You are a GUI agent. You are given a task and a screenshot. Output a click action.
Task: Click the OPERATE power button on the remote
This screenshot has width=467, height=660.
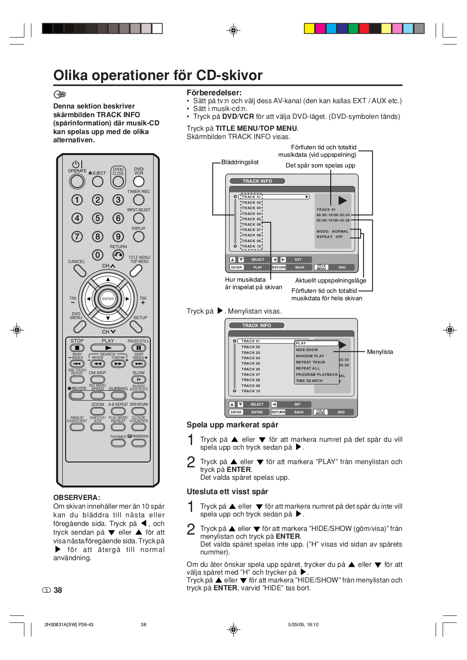77,181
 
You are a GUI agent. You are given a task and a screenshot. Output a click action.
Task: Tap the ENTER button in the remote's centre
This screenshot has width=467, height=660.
108,299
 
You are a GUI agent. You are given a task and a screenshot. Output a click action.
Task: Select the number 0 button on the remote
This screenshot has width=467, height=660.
97,255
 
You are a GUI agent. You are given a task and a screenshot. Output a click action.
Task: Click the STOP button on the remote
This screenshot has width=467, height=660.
77,348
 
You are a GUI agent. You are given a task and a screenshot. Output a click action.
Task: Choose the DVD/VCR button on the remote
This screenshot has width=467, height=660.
139,181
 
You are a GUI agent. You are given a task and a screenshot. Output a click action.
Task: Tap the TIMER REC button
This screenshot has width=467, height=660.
139,200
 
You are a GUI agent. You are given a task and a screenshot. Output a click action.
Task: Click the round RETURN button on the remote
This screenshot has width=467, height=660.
118,255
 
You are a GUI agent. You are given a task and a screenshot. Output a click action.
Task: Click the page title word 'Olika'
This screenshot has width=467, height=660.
71,75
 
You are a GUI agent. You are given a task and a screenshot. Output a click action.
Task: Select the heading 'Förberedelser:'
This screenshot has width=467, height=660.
214,93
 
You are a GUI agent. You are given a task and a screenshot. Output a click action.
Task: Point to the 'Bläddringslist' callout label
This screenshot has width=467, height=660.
239,162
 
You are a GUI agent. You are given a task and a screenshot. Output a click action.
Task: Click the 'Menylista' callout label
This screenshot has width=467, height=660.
380,352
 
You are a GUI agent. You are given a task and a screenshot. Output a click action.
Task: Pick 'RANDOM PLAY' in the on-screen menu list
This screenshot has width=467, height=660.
310,356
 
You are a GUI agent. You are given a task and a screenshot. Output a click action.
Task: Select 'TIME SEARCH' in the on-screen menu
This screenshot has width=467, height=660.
309,381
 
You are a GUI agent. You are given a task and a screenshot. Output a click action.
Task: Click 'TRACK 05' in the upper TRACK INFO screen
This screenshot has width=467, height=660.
251,219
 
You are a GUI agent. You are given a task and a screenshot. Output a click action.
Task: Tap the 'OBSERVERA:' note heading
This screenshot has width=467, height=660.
77,497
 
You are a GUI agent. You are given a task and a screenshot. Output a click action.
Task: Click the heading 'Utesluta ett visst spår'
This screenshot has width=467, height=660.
227,492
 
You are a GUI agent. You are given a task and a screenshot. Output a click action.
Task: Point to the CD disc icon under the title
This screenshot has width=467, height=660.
60,94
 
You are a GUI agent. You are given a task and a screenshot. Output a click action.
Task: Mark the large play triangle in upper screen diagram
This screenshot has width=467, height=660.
342,200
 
